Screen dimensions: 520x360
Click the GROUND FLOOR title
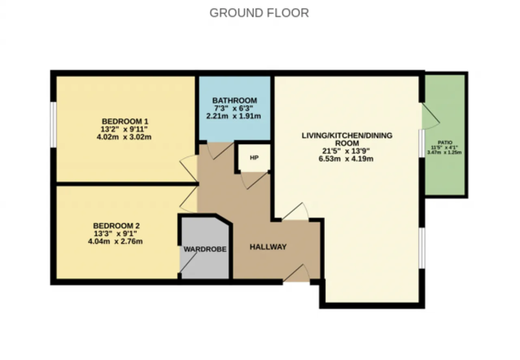259,13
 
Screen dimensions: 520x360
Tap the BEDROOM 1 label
125,121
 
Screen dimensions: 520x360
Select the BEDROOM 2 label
116,226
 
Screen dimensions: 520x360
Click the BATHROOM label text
234,100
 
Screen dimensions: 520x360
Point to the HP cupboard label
254,158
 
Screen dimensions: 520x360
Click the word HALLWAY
268,247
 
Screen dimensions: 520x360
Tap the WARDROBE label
205,249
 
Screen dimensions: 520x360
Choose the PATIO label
445,142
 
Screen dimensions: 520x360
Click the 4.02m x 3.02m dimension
124,137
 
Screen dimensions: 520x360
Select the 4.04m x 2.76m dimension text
115,241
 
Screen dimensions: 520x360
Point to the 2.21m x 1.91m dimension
234,116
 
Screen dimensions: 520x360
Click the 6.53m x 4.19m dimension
346,159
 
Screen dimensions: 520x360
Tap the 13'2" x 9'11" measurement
124,129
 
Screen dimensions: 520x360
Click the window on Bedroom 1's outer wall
53,125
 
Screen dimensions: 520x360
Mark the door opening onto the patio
431,116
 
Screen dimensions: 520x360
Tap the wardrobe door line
188,262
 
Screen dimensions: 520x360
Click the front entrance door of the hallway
297,273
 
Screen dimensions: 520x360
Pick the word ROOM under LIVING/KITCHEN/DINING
347,143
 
